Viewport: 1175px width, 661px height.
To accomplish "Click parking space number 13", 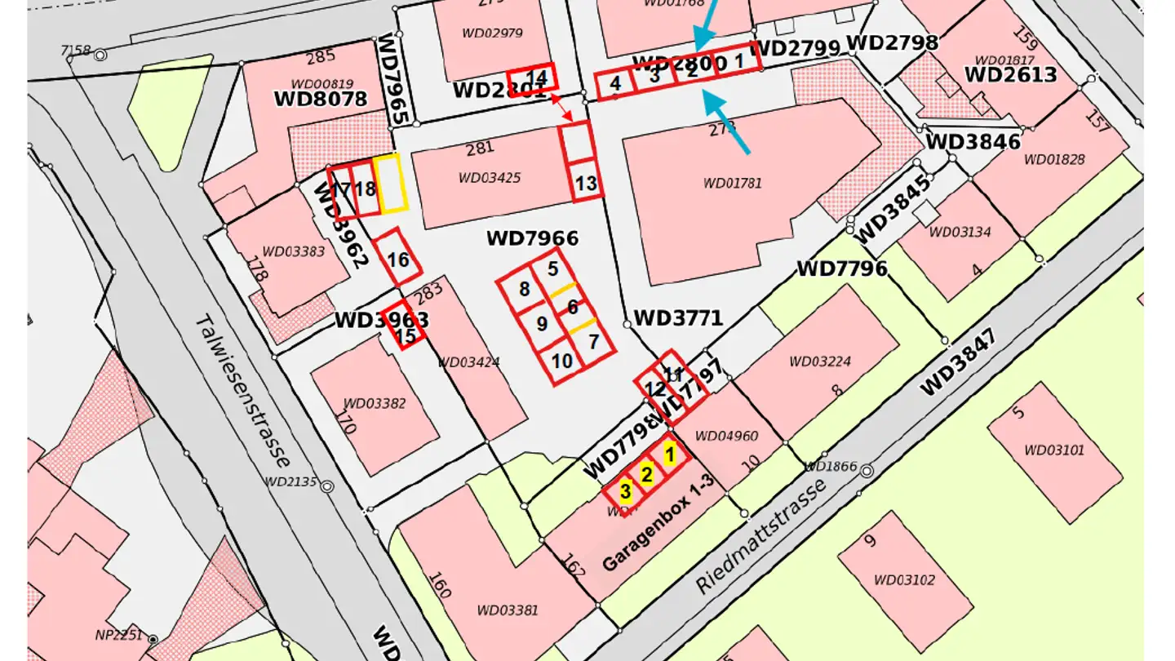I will click(586, 182).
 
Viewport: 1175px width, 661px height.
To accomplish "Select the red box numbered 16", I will click(398, 259).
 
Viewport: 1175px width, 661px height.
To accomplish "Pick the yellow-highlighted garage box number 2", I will click(646, 474).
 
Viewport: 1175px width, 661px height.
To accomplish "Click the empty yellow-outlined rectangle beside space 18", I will click(392, 184).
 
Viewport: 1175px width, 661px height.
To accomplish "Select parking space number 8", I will click(524, 289).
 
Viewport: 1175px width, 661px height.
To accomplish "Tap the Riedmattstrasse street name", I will click(760, 536).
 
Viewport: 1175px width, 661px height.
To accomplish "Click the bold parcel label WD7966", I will click(532, 238).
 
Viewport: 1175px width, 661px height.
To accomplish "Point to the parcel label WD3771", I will click(678, 317).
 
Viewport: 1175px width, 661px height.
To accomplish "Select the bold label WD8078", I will click(320, 99).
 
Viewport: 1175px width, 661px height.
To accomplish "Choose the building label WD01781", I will click(732, 183).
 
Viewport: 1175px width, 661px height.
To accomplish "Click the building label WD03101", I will click(1054, 450).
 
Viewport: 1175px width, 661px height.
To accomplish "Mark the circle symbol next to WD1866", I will click(867, 471).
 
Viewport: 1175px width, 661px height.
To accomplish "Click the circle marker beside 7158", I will click(100, 55).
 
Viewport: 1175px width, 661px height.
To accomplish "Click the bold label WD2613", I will click(1010, 75).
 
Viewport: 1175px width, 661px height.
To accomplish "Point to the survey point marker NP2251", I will click(153, 638).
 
